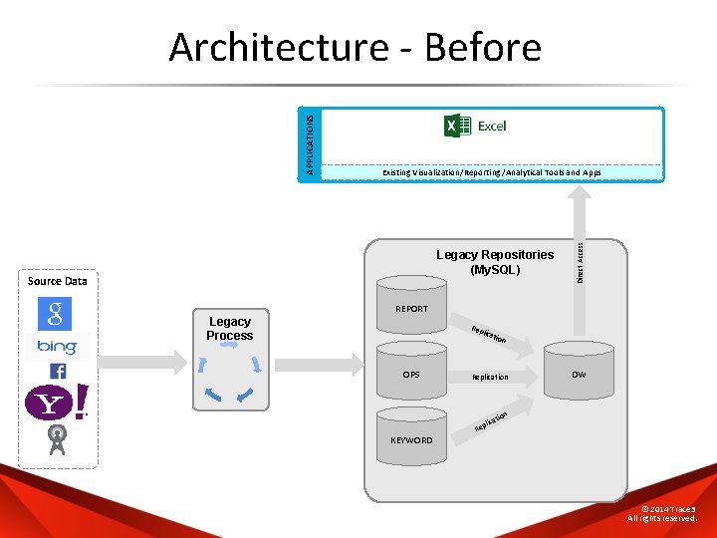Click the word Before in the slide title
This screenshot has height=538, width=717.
[482, 47]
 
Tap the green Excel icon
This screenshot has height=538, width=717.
[457, 126]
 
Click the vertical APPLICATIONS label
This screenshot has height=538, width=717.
[310, 144]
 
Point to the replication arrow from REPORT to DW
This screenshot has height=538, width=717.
[494, 337]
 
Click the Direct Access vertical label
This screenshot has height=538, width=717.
[581, 256]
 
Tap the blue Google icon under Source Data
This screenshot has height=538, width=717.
[55, 313]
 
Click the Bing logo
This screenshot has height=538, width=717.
[57, 347]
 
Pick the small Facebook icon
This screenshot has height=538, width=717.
[57, 371]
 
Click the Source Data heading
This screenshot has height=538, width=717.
[58, 281]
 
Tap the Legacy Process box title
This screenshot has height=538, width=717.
[230, 328]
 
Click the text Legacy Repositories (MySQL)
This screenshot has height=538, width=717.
[495, 262]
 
